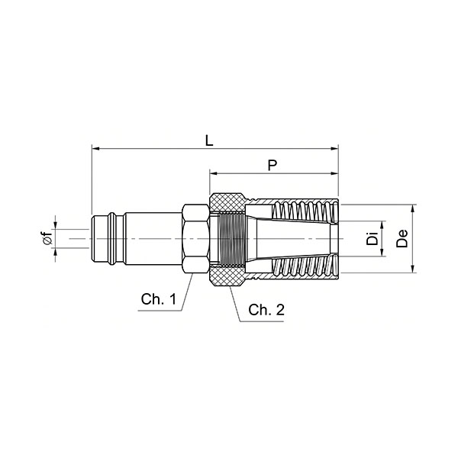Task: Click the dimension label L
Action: coord(209,140)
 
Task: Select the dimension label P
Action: coord(273,166)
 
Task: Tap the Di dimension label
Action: coord(373,238)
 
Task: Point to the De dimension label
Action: coord(402,239)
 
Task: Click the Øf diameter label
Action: coord(48,237)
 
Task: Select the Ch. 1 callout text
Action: coord(159,299)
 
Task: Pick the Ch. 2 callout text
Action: coord(266,310)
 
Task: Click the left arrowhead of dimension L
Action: coord(95,149)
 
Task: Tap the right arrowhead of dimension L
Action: coord(334,149)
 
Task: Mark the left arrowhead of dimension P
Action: coord(214,173)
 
